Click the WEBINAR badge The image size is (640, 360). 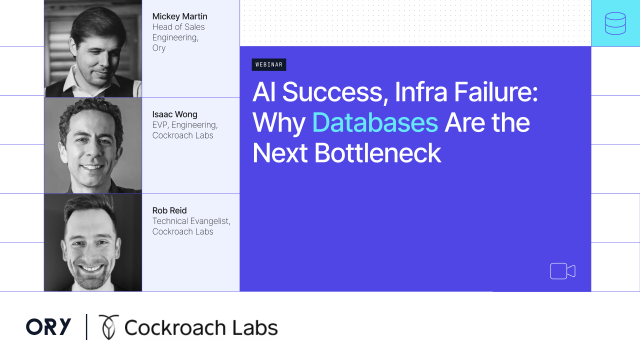tap(269, 64)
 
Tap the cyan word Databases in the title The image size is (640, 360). tap(375, 122)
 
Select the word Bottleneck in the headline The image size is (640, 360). tap(377, 153)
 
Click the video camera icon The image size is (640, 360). tap(562, 271)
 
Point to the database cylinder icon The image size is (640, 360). tap(615, 23)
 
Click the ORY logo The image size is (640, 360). tap(48, 326)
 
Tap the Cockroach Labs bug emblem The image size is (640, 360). tap(108, 327)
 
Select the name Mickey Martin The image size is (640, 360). tap(179, 16)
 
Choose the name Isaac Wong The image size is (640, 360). tap(174, 114)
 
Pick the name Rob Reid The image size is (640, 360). tap(169, 210)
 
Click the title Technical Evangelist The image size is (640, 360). tap(190, 221)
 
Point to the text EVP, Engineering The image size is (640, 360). tap(185, 125)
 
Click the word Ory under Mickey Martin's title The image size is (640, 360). tap(159, 48)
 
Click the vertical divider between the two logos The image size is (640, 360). tap(86, 327)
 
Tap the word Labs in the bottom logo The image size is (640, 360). tap(255, 327)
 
